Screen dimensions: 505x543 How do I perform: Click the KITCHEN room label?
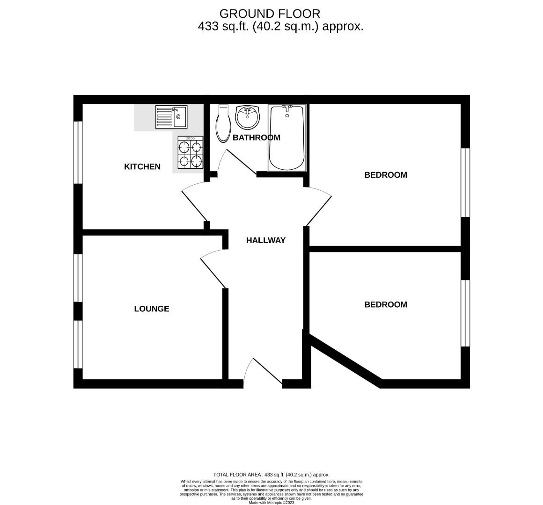click(x=142, y=167)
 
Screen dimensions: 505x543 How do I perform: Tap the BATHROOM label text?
click(x=257, y=137)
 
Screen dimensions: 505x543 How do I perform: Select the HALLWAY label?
click(x=266, y=240)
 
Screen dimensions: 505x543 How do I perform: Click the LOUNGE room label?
click(x=152, y=309)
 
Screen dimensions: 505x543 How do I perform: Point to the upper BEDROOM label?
click(x=386, y=175)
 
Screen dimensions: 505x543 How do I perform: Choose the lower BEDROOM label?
click(x=386, y=304)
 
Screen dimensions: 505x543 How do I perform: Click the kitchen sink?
click(x=171, y=117)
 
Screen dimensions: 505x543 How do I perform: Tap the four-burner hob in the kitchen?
click(x=190, y=153)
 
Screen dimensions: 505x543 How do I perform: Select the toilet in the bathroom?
click(x=224, y=124)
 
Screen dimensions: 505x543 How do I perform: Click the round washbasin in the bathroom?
click(x=247, y=117)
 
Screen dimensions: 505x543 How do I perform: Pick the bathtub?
click(x=287, y=138)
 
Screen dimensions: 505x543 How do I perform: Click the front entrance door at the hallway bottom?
click(x=263, y=372)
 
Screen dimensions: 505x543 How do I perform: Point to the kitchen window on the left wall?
click(x=78, y=152)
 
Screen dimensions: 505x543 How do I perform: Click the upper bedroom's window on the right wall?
click(x=465, y=183)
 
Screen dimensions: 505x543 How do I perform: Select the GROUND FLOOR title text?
click(x=270, y=14)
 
